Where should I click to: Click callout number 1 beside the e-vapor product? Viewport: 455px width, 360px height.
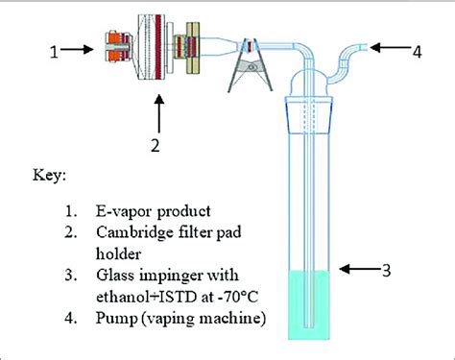[55, 52]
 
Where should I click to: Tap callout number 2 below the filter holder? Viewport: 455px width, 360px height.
[156, 145]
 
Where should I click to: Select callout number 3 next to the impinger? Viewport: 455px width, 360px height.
[387, 271]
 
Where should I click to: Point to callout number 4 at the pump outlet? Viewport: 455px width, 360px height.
[417, 52]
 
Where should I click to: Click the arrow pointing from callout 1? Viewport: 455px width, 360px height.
[77, 49]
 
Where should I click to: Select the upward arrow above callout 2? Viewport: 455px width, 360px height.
[158, 113]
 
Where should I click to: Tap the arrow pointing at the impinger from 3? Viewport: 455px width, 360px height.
[360, 269]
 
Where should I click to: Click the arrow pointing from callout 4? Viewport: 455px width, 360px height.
[391, 47]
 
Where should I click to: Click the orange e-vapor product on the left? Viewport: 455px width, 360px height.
[118, 47]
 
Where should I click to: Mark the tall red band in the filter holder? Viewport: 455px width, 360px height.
[158, 47]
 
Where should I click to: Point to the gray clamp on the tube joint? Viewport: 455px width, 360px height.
[251, 65]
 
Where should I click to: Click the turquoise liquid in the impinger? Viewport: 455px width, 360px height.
[309, 305]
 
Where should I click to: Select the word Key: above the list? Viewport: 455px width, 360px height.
[49, 176]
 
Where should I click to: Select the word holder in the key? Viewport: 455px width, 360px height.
[118, 254]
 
